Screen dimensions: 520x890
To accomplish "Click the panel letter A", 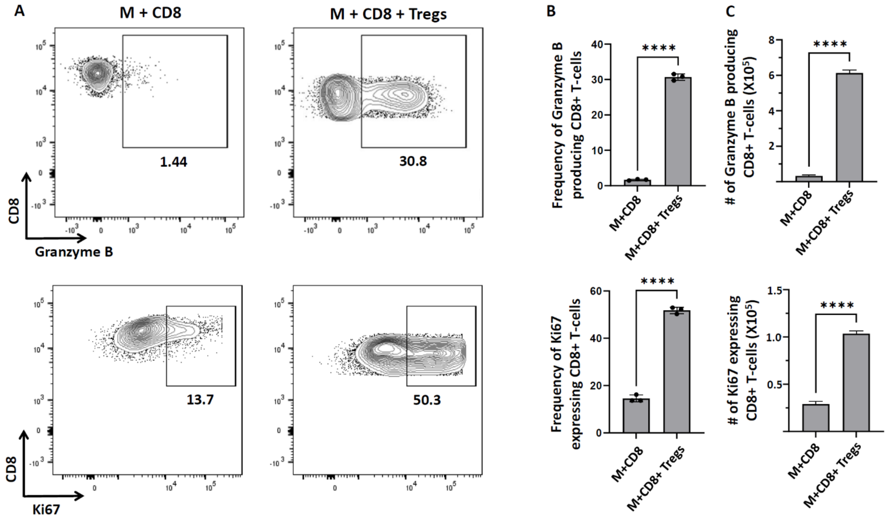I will [19, 11].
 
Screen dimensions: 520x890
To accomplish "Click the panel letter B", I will [551, 11].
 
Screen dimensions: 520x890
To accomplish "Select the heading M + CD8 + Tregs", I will [388, 14].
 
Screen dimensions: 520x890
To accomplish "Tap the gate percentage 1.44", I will [173, 162].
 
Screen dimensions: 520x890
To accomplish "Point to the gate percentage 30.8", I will [413, 161].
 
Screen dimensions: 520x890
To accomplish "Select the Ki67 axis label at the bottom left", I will [46, 510].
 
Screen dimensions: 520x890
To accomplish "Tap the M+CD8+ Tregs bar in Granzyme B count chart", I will [849, 127].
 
